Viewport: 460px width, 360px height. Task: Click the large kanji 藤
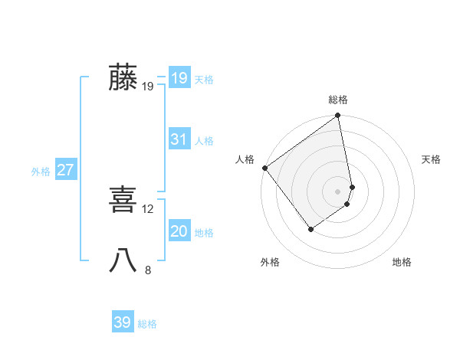[123, 78]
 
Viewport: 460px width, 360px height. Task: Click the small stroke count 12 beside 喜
[148, 208]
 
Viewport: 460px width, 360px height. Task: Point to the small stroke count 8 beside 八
[148, 269]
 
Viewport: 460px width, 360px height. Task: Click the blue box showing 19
[179, 78]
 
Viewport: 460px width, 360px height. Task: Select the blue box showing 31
[179, 139]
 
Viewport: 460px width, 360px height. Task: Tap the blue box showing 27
[66, 170]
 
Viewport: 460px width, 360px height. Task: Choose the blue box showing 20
[179, 231]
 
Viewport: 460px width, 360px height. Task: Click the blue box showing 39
[123, 322]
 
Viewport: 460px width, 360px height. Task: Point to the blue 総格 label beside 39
[147, 324]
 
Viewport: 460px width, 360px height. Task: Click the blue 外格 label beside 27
[41, 172]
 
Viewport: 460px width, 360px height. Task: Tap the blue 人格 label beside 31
[204, 141]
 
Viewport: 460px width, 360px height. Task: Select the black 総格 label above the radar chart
[338, 100]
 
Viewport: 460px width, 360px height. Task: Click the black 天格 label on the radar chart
[432, 159]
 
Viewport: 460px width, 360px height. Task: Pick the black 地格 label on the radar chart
[402, 262]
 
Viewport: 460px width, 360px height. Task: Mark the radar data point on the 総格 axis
[338, 117]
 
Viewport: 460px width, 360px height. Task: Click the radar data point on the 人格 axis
[264, 168]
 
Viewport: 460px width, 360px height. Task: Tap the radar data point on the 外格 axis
[310, 229]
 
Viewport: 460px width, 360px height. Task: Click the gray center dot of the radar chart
[338, 191]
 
